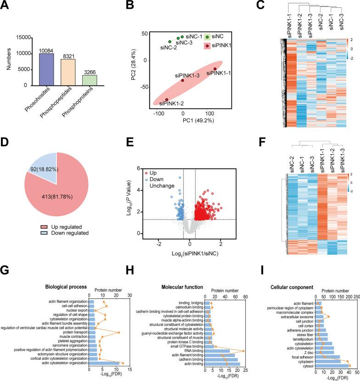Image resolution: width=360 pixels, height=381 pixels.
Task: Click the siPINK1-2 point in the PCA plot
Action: tap(167, 99)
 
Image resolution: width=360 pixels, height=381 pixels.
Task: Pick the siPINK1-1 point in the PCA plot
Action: tap(215, 69)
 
